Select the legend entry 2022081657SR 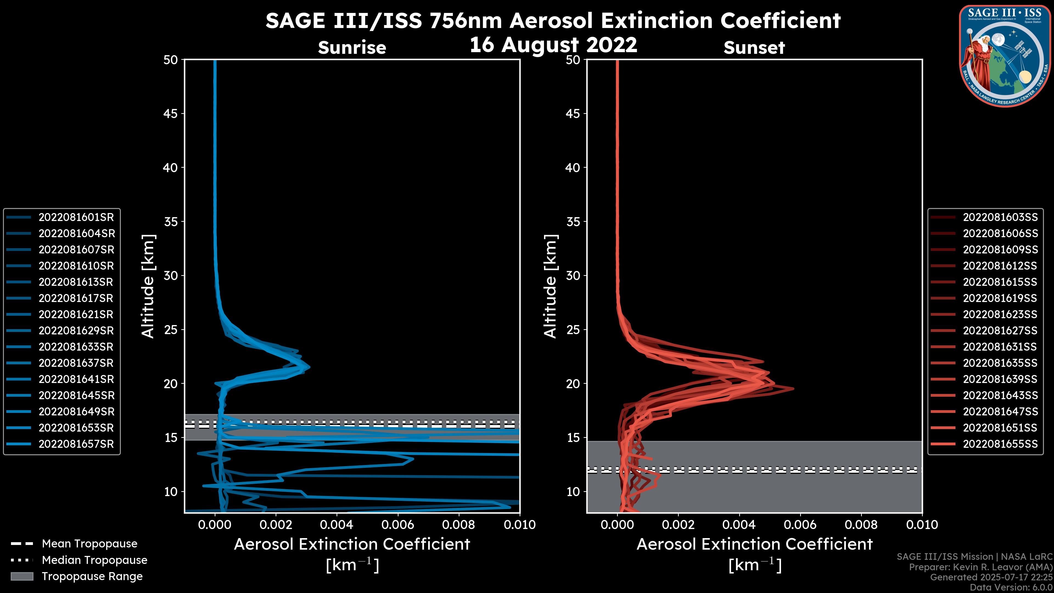tap(76, 444)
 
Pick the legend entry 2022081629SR tap(76, 331)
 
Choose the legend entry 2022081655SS tap(1000, 444)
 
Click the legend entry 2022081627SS tap(1000, 331)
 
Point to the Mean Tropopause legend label tap(89, 544)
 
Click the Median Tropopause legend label tap(94, 560)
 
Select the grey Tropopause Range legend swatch tap(22, 576)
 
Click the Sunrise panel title tap(352, 48)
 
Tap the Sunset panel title tap(754, 48)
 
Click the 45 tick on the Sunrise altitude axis tap(171, 113)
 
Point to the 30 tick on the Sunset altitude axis tap(573, 275)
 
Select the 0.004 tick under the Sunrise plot tap(336, 525)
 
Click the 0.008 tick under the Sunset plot tap(861, 525)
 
